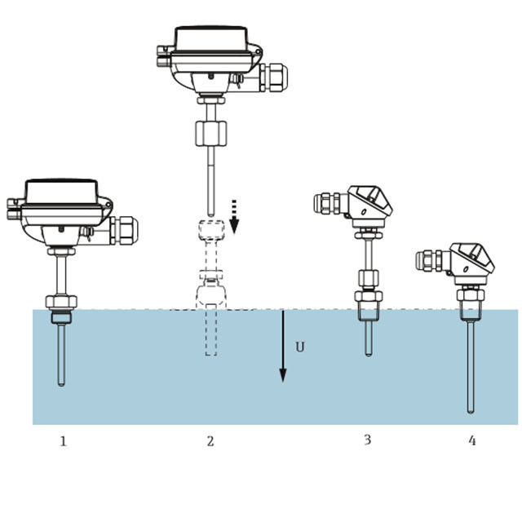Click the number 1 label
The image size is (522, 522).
point(63,441)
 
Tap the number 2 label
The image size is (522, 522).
point(210,441)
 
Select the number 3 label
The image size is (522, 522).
point(367,440)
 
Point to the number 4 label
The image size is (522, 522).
point(471,440)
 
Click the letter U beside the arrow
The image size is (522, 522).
point(300,347)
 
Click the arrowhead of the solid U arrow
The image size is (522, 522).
point(283,375)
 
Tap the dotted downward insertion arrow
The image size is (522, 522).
point(234,216)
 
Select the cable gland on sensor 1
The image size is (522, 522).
point(123,230)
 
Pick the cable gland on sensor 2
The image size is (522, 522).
point(273,77)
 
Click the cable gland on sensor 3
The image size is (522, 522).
point(327,203)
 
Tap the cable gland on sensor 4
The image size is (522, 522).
point(429,260)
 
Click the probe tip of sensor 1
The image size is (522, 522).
point(61,384)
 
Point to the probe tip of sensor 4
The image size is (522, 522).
point(471,411)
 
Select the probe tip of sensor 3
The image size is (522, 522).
point(368,354)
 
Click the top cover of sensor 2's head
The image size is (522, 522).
point(211,38)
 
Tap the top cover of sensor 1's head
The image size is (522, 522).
point(62,192)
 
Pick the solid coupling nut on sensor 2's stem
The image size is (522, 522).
point(210,134)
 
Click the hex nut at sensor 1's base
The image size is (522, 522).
point(61,302)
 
